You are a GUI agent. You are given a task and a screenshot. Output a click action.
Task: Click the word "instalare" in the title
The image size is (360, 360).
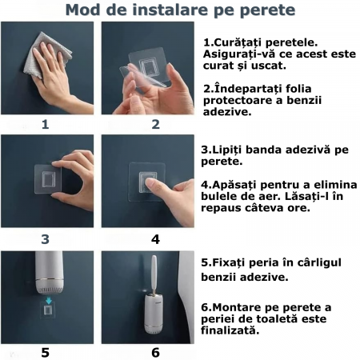click(x=170, y=10)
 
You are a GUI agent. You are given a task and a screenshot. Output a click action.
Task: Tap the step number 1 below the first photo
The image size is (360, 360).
click(x=46, y=124)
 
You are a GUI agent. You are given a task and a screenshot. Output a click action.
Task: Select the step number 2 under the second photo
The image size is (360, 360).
click(x=155, y=124)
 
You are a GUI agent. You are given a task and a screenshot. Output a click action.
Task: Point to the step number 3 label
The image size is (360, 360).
click(x=46, y=239)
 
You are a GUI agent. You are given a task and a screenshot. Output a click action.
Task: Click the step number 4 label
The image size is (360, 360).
click(x=155, y=239)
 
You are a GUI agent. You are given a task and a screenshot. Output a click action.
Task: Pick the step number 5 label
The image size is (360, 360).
click(x=46, y=352)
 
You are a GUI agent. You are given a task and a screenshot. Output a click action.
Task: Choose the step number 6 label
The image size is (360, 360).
click(x=155, y=352)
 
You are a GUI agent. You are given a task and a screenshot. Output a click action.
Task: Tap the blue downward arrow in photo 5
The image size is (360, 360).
click(x=49, y=301)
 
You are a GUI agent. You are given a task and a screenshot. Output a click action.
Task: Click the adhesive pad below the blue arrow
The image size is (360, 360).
click(x=48, y=310)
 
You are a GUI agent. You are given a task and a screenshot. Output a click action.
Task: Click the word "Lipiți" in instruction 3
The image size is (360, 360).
click(x=227, y=150)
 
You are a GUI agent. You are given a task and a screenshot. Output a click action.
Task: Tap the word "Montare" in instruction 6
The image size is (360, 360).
click(x=238, y=307)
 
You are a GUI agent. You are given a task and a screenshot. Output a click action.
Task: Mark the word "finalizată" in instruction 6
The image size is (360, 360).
click(x=230, y=330)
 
